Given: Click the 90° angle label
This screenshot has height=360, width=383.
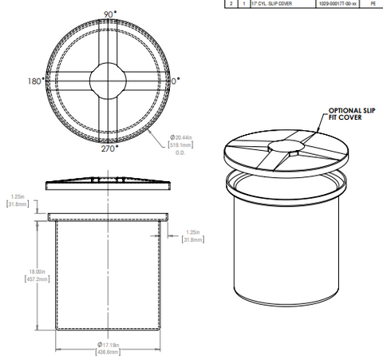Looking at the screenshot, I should (x=108, y=14).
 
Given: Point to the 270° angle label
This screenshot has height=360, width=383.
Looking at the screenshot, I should (x=108, y=148).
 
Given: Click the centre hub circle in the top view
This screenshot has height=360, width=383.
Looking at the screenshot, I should (x=108, y=80).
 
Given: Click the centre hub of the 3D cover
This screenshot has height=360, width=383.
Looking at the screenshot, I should (x=284, y=146).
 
